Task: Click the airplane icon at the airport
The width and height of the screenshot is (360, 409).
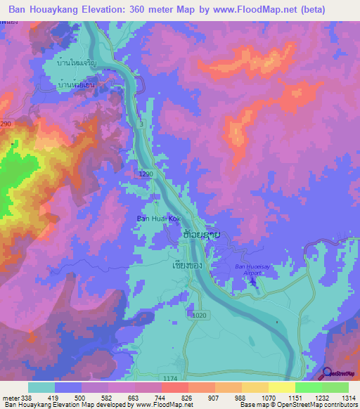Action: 252,283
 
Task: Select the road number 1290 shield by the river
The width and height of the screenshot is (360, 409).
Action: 146,174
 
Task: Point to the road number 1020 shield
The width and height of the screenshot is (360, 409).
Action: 199,316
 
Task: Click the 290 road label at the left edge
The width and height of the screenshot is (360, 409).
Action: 6,124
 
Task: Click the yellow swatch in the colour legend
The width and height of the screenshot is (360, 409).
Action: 281,387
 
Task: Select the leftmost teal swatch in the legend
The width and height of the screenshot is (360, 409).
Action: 41,387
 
